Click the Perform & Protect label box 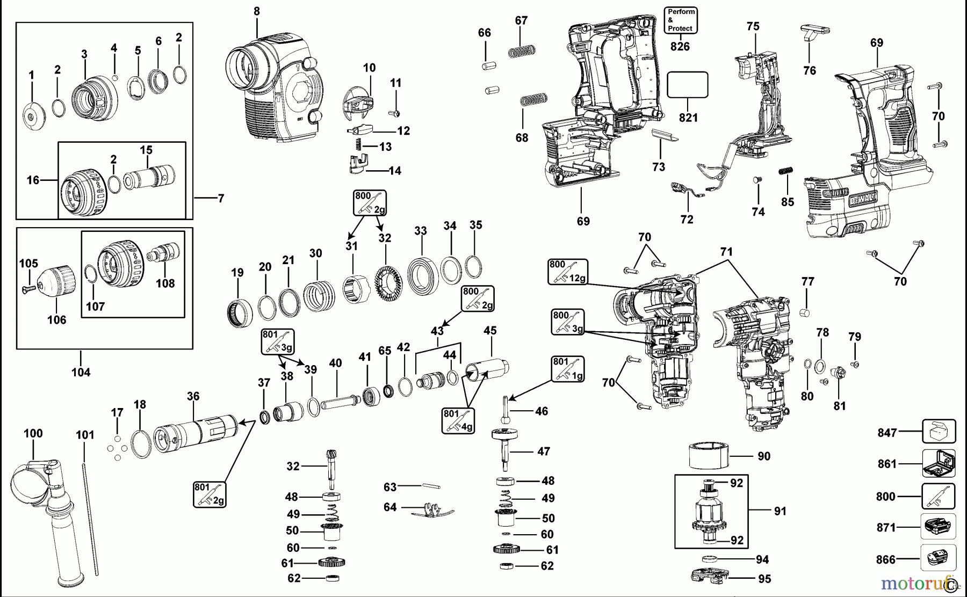(681, 20)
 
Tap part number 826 (680, 47)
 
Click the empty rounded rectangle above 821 (687, 85)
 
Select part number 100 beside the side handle (33, 433)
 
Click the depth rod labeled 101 (90, 515)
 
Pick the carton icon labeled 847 (939, 431)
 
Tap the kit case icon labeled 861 (939, 463)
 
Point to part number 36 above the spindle (193, 396)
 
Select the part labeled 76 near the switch (810, 33)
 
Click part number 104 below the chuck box (81, 372)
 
